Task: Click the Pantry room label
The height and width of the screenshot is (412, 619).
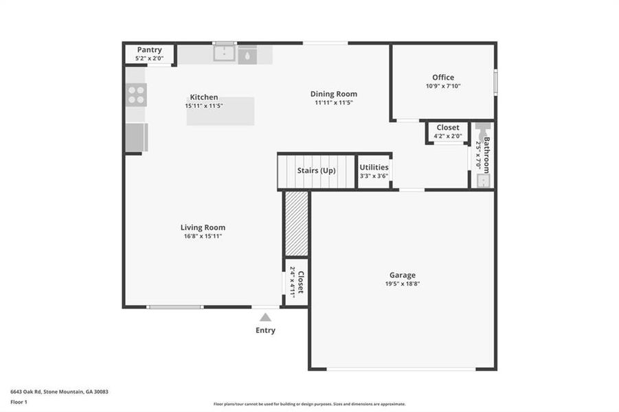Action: [149, 50]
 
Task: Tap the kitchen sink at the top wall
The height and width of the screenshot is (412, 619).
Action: [224, 54]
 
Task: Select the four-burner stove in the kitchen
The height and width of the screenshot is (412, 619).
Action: [136, 95]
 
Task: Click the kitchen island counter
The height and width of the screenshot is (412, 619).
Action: [221, 112]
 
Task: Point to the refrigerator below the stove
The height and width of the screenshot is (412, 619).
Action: [135, 137]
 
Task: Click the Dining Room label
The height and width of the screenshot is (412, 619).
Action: [334, 94]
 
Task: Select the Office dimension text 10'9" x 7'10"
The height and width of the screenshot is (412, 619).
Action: [443, 86]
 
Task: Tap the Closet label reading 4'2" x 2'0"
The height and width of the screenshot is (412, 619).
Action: [447, 136]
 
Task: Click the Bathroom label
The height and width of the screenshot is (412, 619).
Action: [486, 155]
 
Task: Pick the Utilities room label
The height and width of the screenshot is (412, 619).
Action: [374, 167]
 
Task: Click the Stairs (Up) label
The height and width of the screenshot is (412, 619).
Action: [316, 170]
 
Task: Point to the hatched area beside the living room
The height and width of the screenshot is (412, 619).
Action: [296, 224]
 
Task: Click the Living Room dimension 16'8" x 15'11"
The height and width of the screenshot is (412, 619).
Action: [203, 236]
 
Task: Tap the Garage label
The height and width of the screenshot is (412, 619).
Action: [402, 275]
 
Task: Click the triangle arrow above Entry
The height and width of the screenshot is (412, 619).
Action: [265, 317]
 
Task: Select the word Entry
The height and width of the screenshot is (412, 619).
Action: [265, 330]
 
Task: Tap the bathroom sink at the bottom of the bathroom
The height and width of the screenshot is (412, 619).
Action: [484, 181]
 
